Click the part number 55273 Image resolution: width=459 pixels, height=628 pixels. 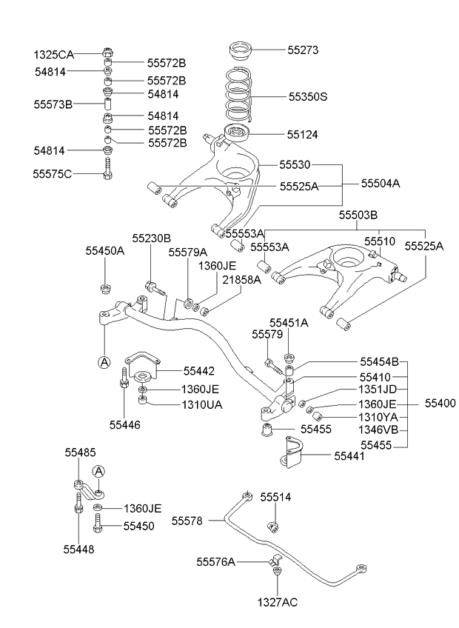(x=302, y=50)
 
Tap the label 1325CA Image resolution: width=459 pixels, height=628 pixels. (x=53, y=54)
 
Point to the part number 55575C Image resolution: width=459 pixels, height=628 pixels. (x=52, y=173)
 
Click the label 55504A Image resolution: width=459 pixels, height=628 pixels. (x=381, y=183)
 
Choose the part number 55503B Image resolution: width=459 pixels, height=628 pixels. (x=358, y=216)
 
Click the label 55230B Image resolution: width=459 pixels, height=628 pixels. (x=151, y=238)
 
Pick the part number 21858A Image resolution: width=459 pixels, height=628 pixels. (x=241, y=279)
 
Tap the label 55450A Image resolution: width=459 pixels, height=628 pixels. (x=104, y=250)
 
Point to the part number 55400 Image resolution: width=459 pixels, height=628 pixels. (x=440, y=403)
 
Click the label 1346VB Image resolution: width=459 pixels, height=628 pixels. (x=378, y=430)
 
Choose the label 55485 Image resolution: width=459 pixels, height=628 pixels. (x=80, y=452)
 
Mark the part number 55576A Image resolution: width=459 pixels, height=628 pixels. (x=215, y=562)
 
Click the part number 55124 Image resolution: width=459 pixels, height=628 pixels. (x=302, y=135)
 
